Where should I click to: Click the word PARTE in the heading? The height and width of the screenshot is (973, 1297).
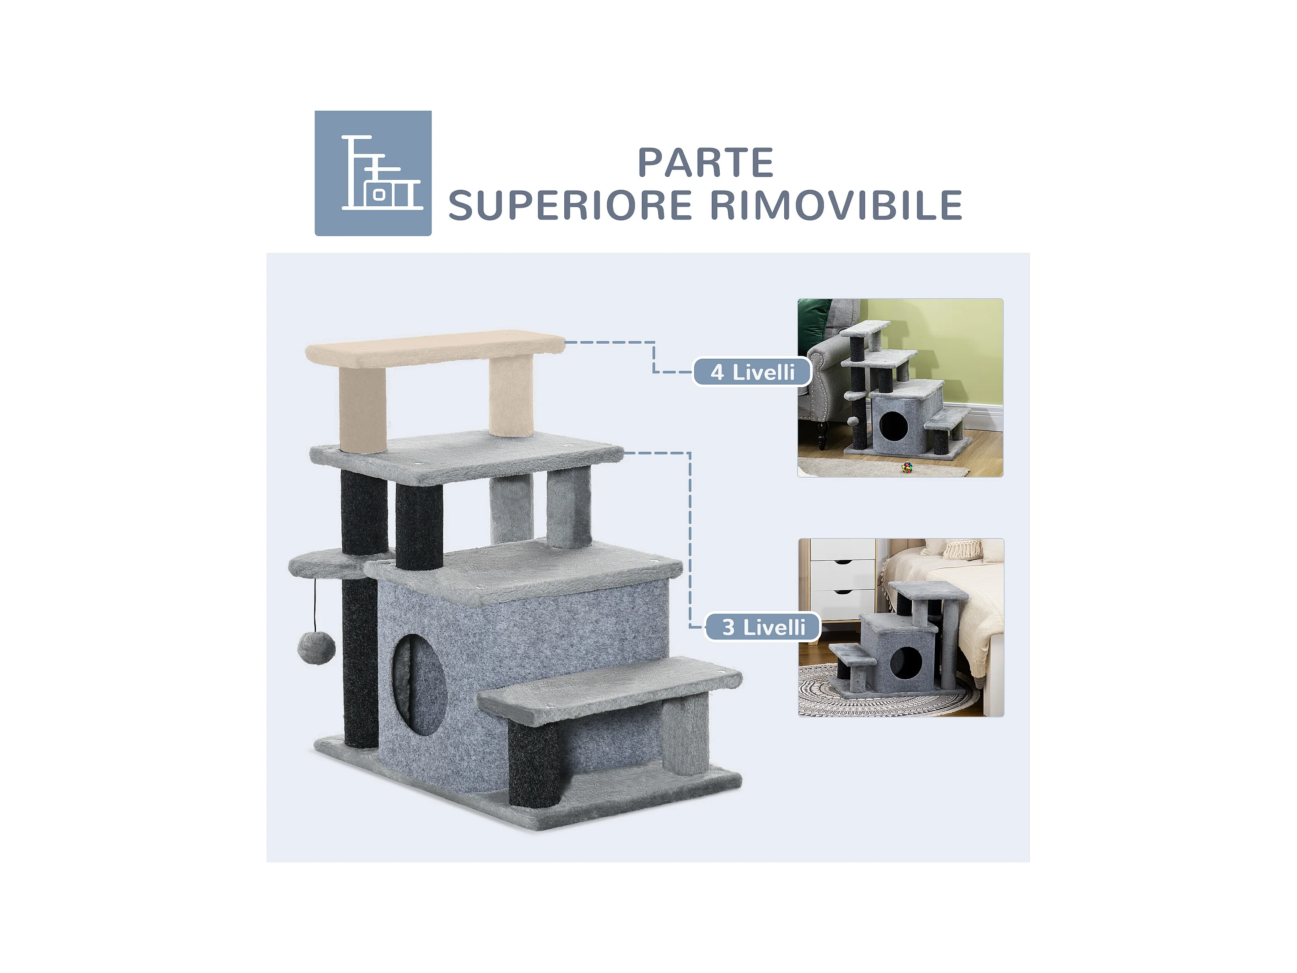(705, 163)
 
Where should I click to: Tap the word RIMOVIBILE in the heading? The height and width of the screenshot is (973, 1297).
(837, 205)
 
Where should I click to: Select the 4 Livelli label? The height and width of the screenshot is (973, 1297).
(752, 372)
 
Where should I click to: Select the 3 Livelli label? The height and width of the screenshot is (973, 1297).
(763, 627)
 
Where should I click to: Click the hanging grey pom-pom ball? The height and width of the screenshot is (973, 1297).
(317, 648)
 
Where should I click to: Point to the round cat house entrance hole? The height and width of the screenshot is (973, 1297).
(419, 685)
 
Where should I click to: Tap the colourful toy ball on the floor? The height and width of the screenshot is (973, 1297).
(907, 467)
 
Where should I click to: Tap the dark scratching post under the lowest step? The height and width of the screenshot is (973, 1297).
(534, 763)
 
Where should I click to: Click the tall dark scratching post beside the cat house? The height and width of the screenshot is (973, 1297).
(360, 663)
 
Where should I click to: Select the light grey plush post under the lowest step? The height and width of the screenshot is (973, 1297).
(685, 737)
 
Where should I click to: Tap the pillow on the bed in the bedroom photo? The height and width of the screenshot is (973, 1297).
(961, 549)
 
